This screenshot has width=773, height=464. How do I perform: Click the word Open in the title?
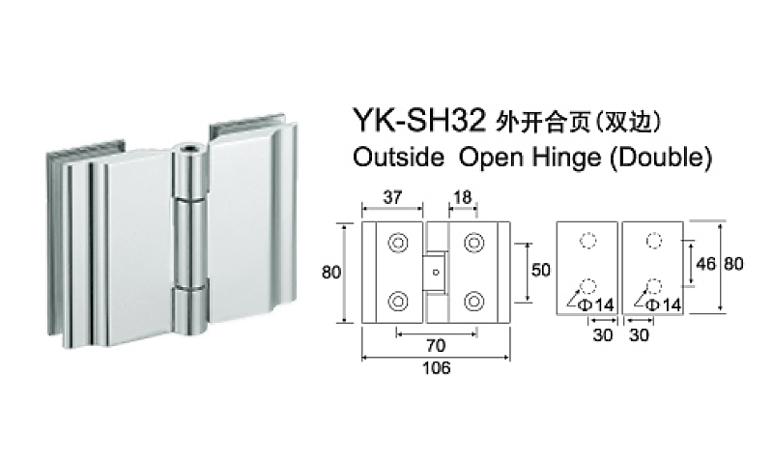point(489,157)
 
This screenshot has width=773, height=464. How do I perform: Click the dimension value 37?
point(392,196)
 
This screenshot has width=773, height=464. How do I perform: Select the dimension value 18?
point(462,196)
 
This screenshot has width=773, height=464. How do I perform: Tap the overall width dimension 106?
point(437,366)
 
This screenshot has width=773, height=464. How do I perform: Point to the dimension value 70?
point(436,342)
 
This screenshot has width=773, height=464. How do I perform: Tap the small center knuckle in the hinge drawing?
point(436,273)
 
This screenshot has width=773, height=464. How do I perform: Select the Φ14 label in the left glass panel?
point(601,305)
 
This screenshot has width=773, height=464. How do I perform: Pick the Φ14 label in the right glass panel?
point(667,305)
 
